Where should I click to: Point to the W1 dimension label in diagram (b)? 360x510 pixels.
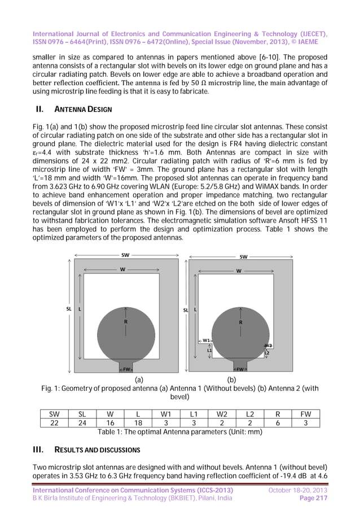coord(207,341)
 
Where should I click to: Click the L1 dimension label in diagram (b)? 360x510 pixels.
coord(209,351)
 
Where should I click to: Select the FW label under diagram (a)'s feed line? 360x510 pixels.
coord(127,369)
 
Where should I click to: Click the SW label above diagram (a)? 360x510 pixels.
coord(125,255)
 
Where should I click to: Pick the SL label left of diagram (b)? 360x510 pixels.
coord(185,310)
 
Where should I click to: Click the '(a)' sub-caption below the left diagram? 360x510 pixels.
coord(138,380)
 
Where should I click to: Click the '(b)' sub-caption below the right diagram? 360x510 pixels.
coord(231,380)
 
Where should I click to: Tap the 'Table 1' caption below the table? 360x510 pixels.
coord(178,432)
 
